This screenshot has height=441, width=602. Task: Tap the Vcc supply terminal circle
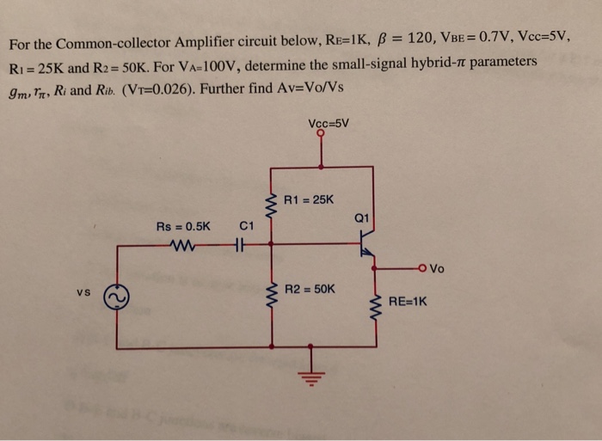click(x=321, y=134)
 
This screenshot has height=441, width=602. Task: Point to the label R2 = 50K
click(x=310, y=290)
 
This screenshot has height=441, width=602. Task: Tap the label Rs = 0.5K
click(x=182, y=227)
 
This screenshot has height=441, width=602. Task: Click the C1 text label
click(x=246, y=227)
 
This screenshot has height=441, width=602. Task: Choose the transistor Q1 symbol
click(x=368, y=243)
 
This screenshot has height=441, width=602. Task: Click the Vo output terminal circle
click(x=422, y=266)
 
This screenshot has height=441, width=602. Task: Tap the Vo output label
click(x=437, y=268)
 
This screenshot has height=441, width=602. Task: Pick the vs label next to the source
click(x=83, y=291)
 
